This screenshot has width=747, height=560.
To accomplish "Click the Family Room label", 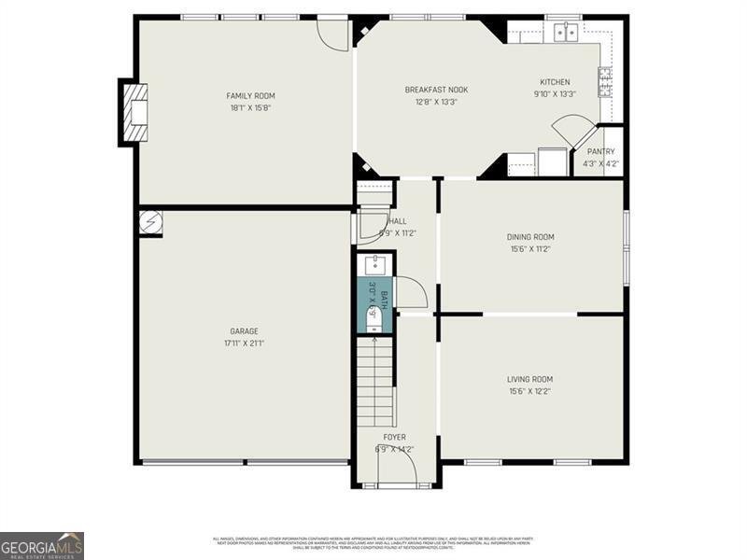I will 251,95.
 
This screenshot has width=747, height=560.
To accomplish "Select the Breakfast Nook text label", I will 436,90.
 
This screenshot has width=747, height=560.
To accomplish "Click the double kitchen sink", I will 565,33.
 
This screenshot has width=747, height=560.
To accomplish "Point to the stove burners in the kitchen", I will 604,82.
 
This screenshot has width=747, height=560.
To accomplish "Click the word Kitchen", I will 555,82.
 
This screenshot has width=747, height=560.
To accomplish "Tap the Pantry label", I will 600,151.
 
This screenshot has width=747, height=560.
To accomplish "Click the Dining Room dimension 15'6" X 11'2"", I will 530,249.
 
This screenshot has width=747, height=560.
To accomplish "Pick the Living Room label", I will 530,379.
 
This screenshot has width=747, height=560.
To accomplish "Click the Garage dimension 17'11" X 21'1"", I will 245,343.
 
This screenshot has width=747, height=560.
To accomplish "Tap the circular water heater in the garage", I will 150,223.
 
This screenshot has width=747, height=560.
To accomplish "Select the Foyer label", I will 394,437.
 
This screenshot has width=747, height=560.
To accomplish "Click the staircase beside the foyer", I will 375,383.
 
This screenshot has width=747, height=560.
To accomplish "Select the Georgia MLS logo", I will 42,545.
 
